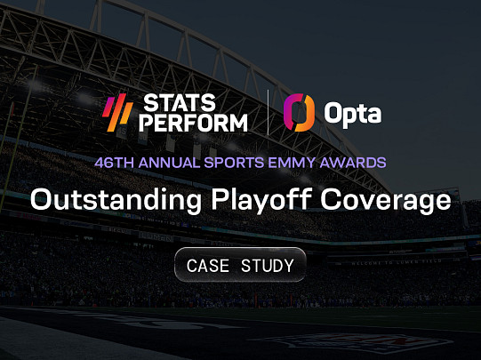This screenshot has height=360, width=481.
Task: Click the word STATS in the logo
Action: tap(180, 103)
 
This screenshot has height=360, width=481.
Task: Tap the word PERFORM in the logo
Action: tap(193, 123)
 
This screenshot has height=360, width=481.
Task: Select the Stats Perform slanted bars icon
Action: tap(117, 113)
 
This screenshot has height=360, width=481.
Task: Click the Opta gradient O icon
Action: tap(299, 113)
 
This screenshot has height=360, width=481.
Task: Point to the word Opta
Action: tap(353, 115)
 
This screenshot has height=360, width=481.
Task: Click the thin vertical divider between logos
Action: tap(269, 112)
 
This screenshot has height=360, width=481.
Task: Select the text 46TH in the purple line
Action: tap(114, 163)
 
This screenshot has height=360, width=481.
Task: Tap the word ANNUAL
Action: tap(169, 163)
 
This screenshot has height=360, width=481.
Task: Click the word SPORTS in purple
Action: tap(234, 163)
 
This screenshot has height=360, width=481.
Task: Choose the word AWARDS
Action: tap(353, 163)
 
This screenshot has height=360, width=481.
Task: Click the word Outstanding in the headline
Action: tap(116, 201)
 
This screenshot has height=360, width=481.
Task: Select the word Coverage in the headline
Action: tap(386, 201)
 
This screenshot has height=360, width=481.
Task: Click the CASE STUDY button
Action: tap(240, 265)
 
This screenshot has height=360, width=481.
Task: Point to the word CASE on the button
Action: tap(208, 266)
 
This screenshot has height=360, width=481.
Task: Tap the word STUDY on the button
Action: tap(268, 266)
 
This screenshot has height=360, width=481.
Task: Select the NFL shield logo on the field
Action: tap(362, 342)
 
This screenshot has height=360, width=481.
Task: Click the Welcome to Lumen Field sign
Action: tap(397, 262)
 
